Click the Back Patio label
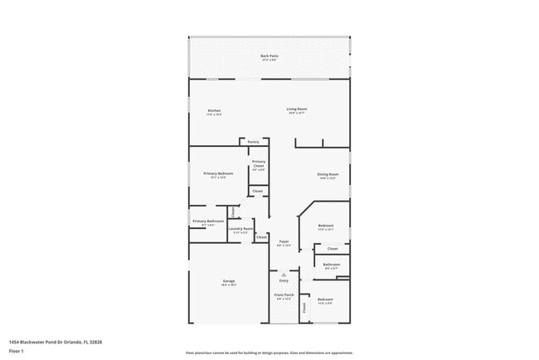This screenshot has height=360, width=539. pyautogui.click(x=269, y=56)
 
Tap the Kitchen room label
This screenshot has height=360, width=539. pyautogui.click(x=214, y=110)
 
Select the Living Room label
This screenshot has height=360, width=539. pyautogui.click(x=297, y=109)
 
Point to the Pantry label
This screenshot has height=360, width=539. pyautogui.click(x=253, y=142)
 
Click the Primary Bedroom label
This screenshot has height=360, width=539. pyautogui.click(x=218, y=173)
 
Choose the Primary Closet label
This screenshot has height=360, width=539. pyautogui.click(x=259, y=163)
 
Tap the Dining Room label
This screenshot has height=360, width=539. pyautogui.click(x=328, y=174)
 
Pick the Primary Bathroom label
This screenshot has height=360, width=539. pyautogui.click(x=208, y=221)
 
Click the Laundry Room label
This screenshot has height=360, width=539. pyautogui.click(x=240, y=228)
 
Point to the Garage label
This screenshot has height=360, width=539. pyautogui.click(x=228, y=282)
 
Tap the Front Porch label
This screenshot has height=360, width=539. pyautogui.click(x=284, y=294)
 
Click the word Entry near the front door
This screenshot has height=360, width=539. pyautogui.click(x=284, y=280)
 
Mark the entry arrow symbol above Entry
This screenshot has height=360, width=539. pyautogui.click(x=284, y=273)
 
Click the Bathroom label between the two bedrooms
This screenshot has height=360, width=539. pyautogui.click(x=332, y=265)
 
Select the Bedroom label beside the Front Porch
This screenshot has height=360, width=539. pyautogui.click(x=325, y=299)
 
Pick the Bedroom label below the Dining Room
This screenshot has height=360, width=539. pyautogui.click(x=326, y=226)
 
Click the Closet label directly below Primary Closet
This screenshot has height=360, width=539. pyautogui.click(x=258, y=191)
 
